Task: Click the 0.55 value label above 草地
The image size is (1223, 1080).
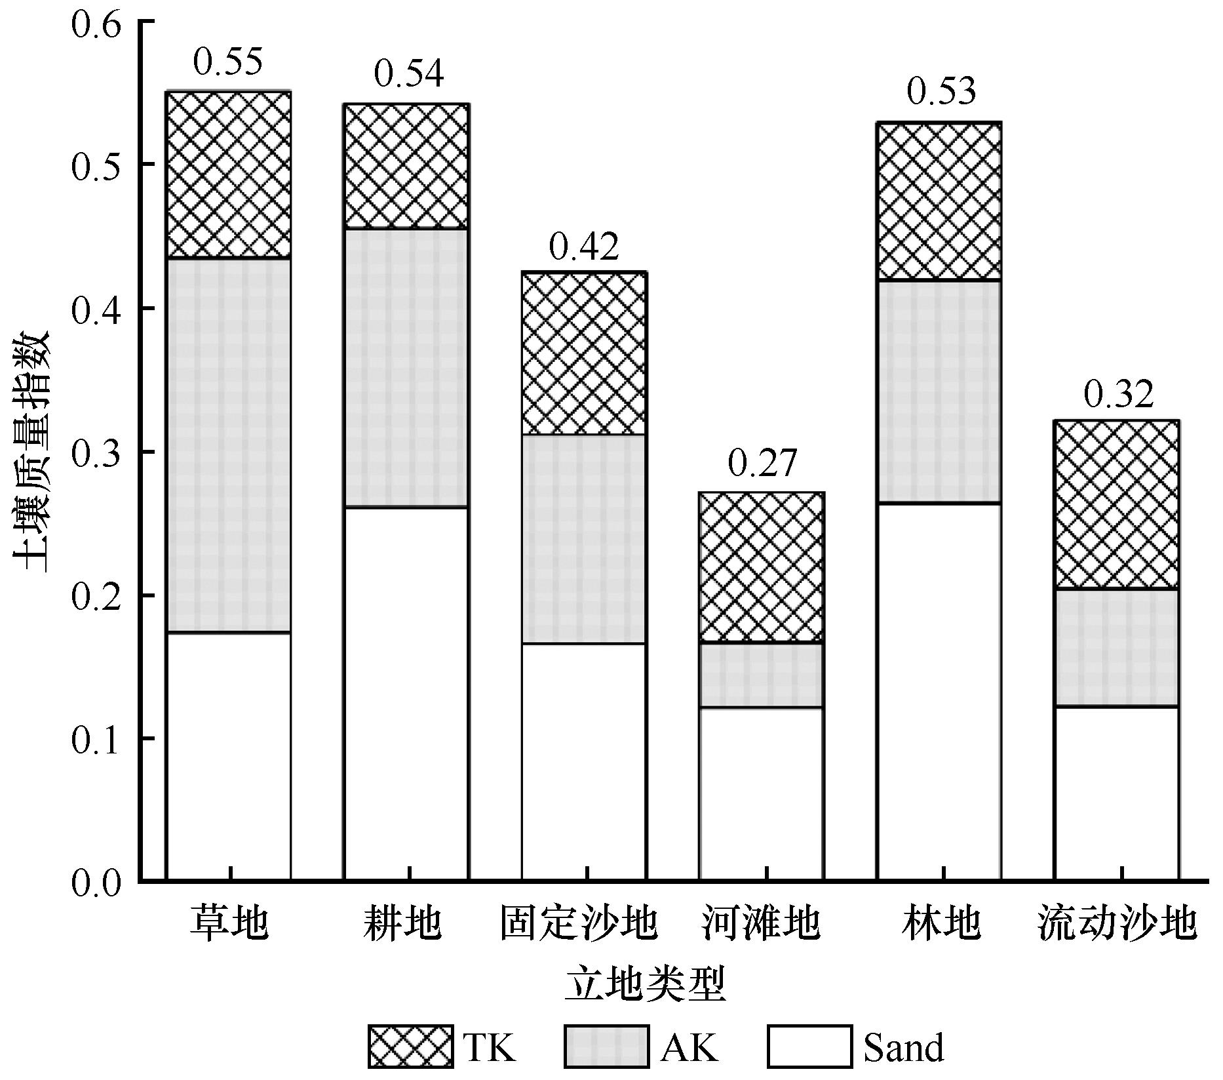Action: point(228,62)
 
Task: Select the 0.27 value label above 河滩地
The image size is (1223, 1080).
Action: point(762,464)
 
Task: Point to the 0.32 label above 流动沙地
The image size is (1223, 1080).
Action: point(1118,393)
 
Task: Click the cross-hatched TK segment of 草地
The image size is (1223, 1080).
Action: point(228,174)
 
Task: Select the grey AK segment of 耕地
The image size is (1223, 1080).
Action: point(406,368)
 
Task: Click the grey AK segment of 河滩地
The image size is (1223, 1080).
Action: point(762,675)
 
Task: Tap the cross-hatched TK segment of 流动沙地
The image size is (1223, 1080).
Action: point(1117,504)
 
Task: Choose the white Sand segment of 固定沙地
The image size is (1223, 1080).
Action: point(584,761)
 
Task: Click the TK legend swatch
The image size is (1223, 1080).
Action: point(410,1047)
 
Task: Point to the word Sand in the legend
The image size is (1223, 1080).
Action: point(904,1048)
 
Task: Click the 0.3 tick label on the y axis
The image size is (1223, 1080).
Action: point(97,452)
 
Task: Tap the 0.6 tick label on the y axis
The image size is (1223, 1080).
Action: point(97,22)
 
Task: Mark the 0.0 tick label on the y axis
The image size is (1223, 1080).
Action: point(97,883)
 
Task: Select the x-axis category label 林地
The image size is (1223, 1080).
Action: point(941,924)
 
